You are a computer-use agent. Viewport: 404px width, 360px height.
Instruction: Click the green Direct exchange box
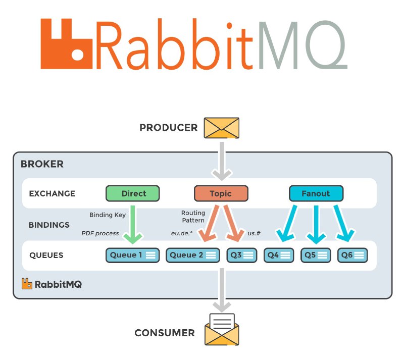pos(133,193)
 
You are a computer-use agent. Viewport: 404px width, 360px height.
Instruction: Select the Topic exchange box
pos(221,193)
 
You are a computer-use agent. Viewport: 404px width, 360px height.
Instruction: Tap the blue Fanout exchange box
pos(316,193)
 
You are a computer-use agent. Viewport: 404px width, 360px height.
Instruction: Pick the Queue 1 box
pos(133,255)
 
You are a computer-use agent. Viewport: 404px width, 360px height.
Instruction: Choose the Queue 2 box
pos(193,255)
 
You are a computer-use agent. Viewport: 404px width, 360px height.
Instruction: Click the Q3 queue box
pos(242,255)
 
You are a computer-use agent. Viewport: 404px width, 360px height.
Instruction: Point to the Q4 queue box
pos(279,255)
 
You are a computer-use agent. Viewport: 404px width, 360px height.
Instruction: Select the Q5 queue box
pos(316,255)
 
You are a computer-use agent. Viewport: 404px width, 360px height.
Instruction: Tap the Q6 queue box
pos(352,255)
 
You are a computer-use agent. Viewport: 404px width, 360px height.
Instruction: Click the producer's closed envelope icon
pos(222,128)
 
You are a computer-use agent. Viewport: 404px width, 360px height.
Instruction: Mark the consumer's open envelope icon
pos(222,330)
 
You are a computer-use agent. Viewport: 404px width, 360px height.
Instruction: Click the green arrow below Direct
pos(133,225)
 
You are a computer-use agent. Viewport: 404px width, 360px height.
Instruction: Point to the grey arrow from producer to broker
pos(222,161)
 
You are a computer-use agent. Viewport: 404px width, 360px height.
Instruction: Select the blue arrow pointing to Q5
pos(316,225)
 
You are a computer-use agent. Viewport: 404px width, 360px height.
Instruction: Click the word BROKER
pos(42,164)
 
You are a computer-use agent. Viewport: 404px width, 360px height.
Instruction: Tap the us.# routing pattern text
pos(254,233)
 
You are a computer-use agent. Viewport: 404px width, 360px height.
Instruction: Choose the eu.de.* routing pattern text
pos(182,233)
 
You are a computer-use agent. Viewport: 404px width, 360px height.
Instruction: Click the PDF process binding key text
pos(100,233)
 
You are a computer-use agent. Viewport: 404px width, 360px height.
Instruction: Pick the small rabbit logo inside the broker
pos(27,284)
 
